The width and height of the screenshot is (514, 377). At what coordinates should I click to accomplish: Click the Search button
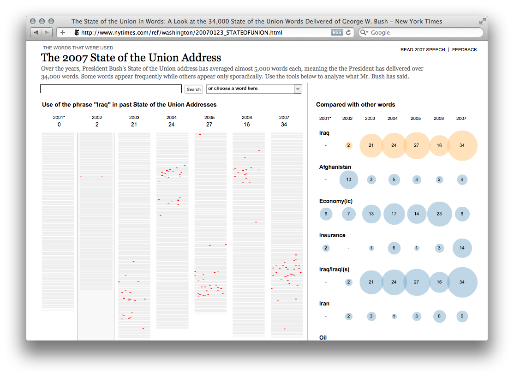click(194, 90)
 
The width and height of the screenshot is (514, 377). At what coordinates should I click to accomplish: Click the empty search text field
click(111, 89)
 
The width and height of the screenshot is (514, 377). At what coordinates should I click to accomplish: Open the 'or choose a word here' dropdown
click(254, 89)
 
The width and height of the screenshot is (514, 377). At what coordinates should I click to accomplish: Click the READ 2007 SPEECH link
click(423, 49)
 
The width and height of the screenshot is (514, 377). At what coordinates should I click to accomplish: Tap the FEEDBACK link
click(464, 49)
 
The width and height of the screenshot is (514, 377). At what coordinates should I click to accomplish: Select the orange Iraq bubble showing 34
click(462, 145)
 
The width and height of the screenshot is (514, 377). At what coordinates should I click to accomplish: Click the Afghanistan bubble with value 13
click(348, 180)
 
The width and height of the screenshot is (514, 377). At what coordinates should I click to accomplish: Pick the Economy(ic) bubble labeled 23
click(439, 214)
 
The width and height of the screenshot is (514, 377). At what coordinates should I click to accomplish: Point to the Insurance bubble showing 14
click(462, 248)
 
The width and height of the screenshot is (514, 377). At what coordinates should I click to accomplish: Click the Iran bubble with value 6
click(439, 317)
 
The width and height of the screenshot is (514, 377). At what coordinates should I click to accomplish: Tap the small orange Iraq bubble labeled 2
click(348, 145)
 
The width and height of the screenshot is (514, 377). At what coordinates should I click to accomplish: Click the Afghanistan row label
click(335, 167)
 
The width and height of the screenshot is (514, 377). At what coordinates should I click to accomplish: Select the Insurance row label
click(332, 235)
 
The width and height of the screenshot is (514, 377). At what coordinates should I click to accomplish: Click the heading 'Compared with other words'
click(355, 105)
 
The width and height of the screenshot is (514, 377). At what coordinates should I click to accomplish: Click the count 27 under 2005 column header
click(209, 125)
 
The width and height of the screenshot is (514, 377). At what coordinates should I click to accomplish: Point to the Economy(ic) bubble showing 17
click(394, 214)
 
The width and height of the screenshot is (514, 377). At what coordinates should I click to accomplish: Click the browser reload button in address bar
click(349, 32)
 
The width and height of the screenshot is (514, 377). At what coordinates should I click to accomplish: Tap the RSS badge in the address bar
click(337, 32)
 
